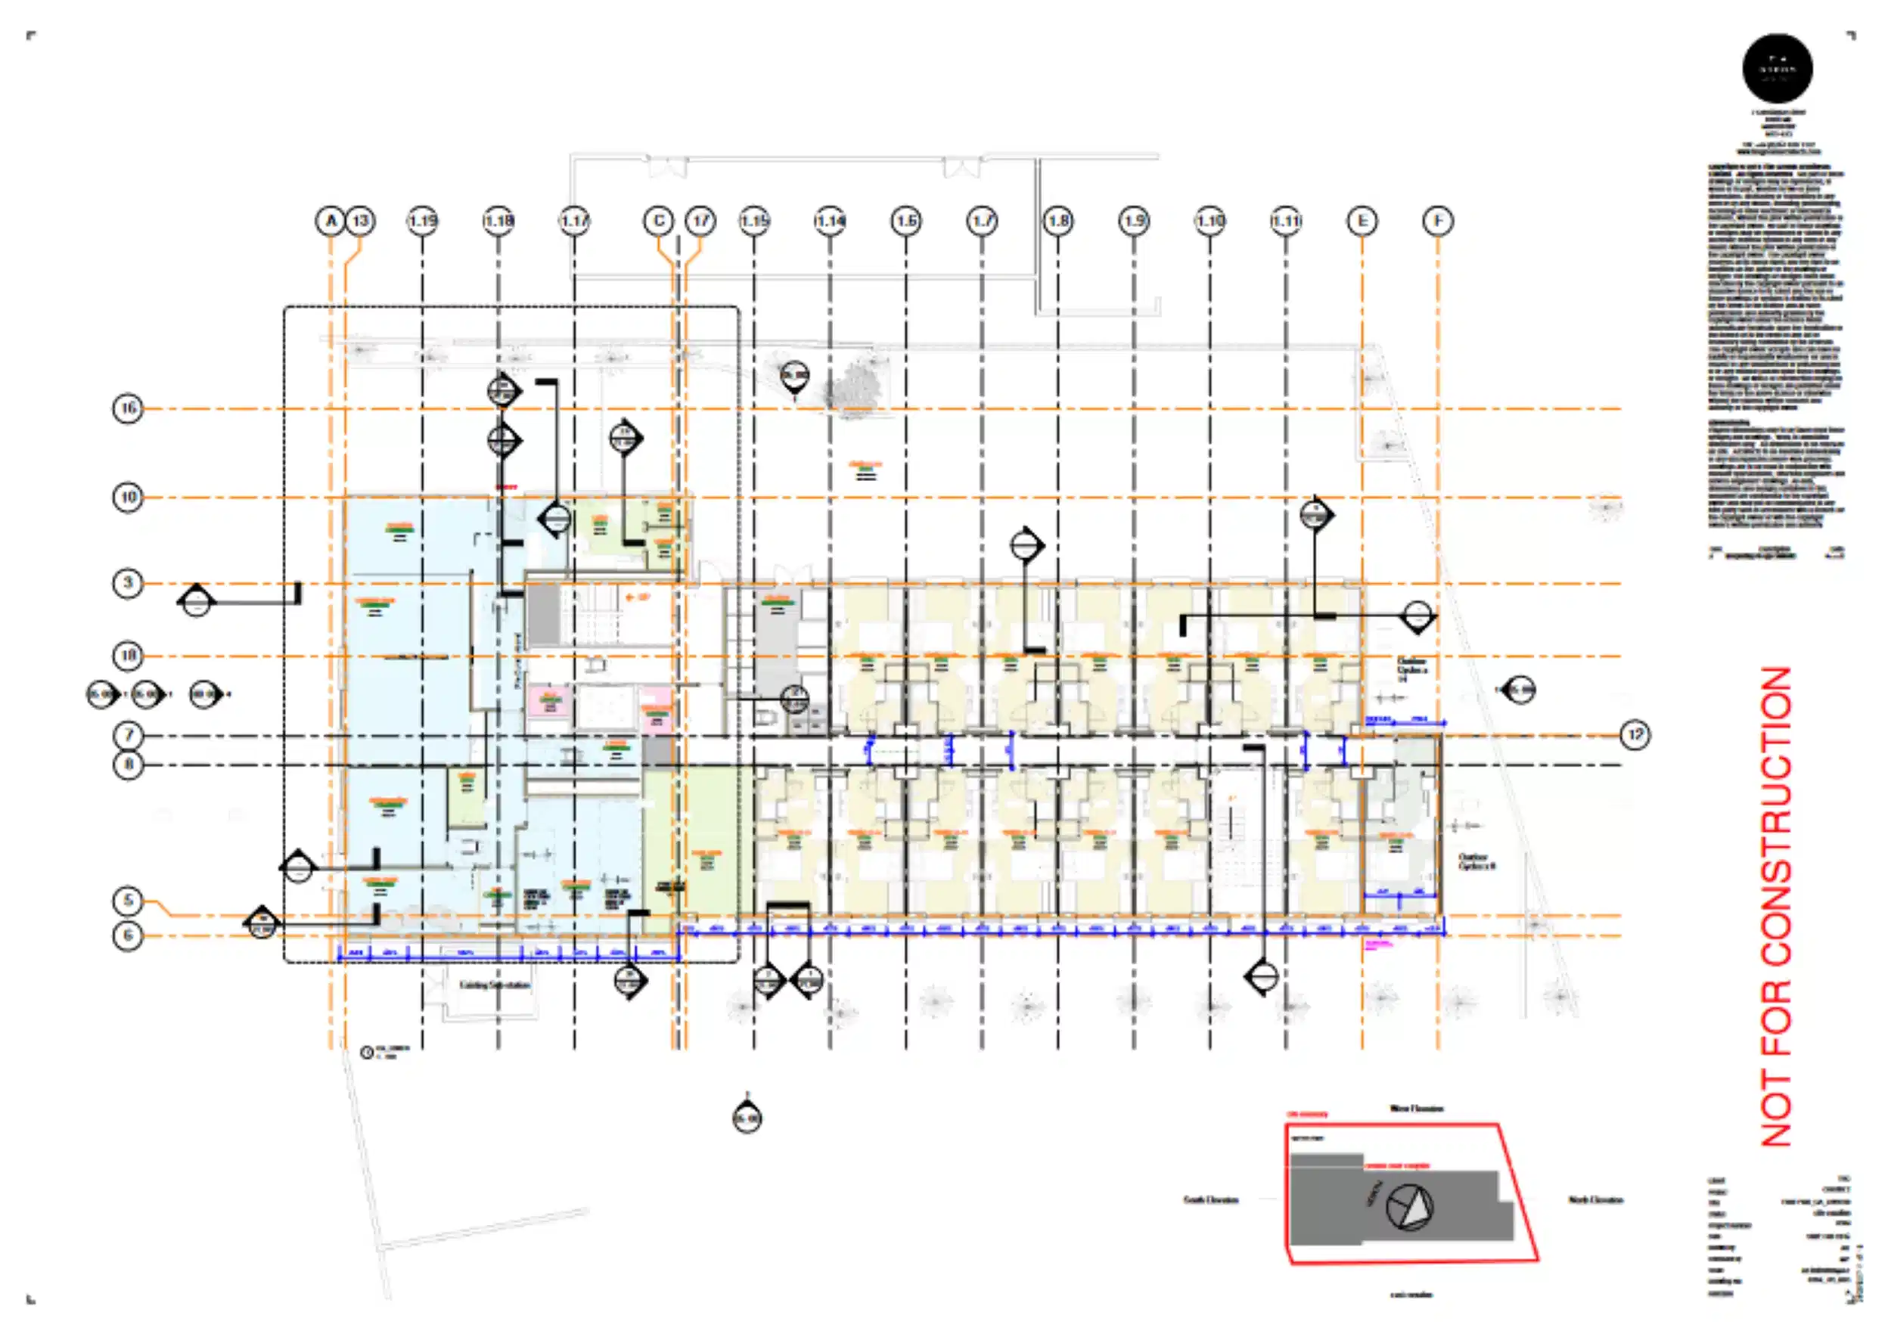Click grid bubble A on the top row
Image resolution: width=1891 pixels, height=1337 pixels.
(331, 221)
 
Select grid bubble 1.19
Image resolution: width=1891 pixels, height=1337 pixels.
(423, 221)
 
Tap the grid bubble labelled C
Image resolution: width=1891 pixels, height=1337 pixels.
(658, 221)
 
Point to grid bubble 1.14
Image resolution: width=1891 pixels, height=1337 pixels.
(831, 221)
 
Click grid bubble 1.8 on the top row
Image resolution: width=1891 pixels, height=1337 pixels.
(1058, 221)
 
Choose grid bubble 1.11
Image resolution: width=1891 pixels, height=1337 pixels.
(1287, 221)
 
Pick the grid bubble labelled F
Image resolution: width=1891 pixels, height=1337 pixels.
(1438, 221)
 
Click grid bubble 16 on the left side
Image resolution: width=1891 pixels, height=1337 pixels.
(128, 408)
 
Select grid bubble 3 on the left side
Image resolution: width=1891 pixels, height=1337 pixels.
(128, 584)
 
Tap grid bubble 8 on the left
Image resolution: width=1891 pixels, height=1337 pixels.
(128, 765)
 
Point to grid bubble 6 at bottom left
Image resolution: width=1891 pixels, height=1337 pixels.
(128, 936)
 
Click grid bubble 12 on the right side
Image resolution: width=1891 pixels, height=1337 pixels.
(1635, 734)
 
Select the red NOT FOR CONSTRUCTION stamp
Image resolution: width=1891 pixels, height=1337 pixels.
(1778, 906)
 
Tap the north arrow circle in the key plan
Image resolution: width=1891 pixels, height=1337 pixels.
(1409, 1208)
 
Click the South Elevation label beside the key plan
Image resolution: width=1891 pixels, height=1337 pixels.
(1211, 1199)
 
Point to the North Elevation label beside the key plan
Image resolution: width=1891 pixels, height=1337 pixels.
(1595, 1199)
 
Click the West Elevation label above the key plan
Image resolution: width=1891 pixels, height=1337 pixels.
(1417, 1108)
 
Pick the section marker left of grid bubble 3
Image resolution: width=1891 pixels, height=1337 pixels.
(196, 602)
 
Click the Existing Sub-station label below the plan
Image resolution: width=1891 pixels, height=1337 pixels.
(494, 985)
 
